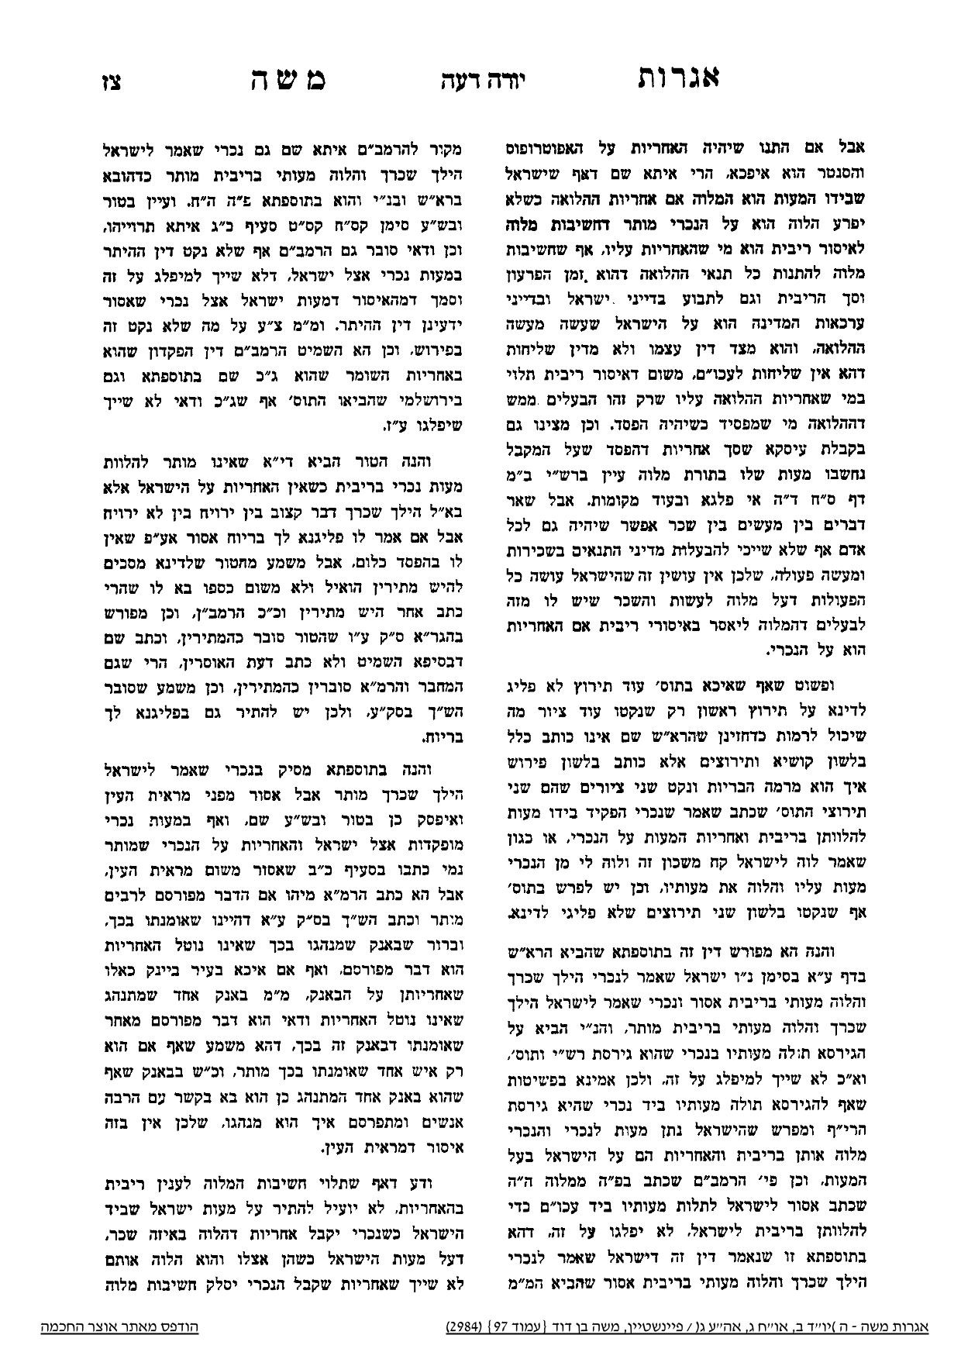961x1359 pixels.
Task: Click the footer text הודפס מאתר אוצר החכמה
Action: pyautogui.click(x=120, y=1326)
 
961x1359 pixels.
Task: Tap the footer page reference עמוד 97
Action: pyautogui.click(x=515, y=1326)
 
